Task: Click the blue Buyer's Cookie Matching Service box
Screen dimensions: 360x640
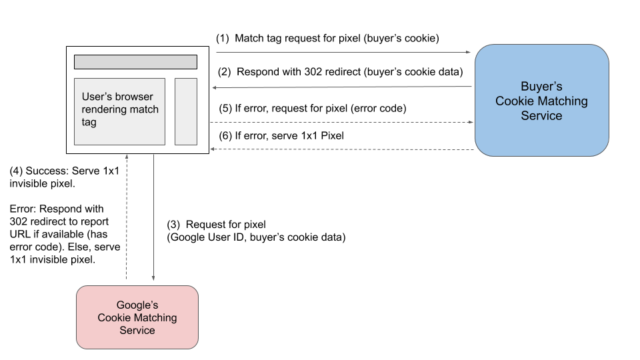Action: (541, 101)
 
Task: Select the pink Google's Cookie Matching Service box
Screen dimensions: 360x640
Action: (137, 317)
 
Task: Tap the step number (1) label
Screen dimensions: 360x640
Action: (223, 39)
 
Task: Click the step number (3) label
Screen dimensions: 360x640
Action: (173, 225)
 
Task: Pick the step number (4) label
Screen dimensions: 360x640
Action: (16, 171)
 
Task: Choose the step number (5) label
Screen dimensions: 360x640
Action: (225, 108)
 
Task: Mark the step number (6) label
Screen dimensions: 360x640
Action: (225, 136)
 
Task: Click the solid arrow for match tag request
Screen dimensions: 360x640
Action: (343, 51)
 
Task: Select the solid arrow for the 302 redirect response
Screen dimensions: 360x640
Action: (343, 87)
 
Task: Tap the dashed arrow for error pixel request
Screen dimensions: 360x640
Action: (343, 122)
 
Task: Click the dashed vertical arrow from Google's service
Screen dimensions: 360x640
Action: (127, 220)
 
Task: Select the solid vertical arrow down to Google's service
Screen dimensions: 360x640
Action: (154, 220)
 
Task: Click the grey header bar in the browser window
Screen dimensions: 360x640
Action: (135, 62)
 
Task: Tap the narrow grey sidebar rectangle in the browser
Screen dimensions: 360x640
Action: (186, 111)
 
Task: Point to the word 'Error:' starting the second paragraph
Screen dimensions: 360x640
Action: (24, 209)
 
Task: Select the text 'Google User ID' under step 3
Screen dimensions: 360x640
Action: (203, 237)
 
